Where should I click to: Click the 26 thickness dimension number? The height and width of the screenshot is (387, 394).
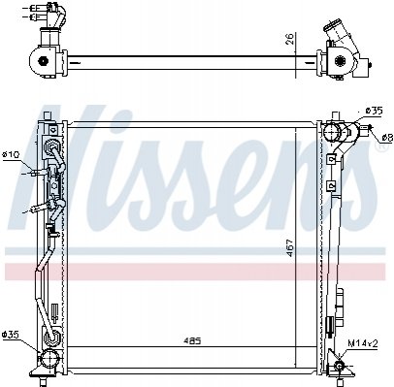click(x=290, y=39)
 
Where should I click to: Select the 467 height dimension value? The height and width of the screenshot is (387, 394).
click(x=290, y=247)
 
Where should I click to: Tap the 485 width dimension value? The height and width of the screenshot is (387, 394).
click(x=192, y=340)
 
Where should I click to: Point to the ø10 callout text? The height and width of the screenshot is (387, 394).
click(x=12, y=154)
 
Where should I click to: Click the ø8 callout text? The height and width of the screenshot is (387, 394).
click(x=387, y=139)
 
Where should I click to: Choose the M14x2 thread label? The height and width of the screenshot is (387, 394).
click(x=363, y=343)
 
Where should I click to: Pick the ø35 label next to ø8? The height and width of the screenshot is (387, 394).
click(x=375, y=112)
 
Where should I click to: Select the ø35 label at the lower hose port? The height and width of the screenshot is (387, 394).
click(x=11, y=334)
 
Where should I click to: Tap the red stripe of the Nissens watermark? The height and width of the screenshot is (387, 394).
click(x=195, y=271)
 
